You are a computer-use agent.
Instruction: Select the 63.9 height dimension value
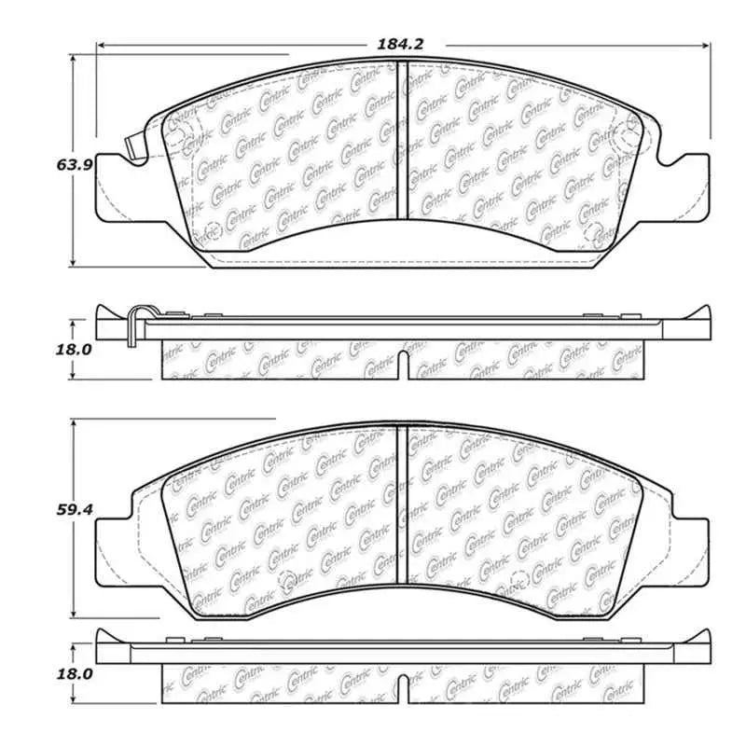coord(73,164)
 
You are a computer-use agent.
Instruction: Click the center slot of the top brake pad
coord(399,140)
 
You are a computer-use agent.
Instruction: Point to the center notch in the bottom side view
coord(400,689)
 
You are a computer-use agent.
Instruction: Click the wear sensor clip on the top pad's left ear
coord(133,147)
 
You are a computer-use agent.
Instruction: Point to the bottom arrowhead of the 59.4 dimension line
coord(73,618)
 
